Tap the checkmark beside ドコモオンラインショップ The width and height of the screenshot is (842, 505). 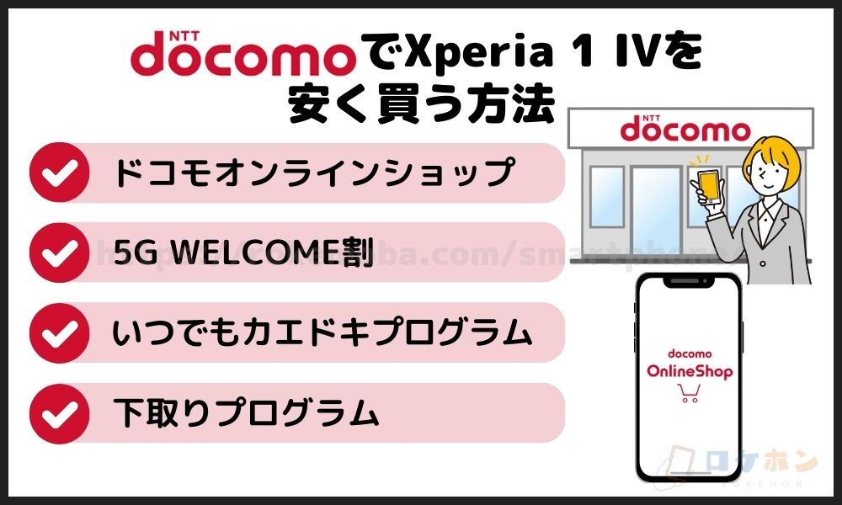[x=60, y=173]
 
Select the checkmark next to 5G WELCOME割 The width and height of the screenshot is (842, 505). [x=60, y=252]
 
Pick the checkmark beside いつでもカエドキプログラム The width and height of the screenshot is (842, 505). [x=60, y=333]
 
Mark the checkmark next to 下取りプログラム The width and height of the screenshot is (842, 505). [x=60, y=413]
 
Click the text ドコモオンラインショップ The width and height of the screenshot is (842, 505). [x=312, y=173]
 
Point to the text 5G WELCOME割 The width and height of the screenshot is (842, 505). [x=243, y=253]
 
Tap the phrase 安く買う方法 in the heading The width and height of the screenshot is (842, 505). [x=422, y=106]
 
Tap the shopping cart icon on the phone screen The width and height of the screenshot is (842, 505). [x=690, y=393]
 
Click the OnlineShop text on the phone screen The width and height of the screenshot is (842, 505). [x=690, y=371]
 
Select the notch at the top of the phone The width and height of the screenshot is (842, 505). [x=689, y=283]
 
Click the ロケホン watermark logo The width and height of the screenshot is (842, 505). [x=758, y=464]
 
